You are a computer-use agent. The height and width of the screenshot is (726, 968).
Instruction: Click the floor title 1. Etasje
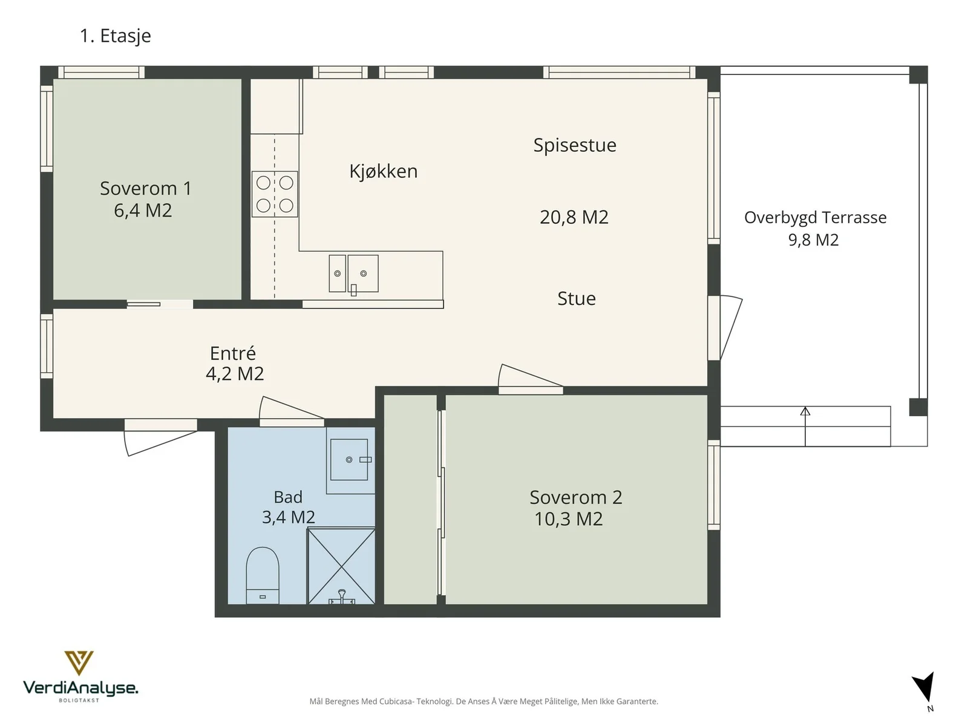[x=116, y=36]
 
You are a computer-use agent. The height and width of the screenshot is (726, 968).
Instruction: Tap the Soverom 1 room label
[x=146, y=188]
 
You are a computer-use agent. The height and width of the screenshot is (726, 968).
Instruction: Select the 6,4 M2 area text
[x=143, y=211]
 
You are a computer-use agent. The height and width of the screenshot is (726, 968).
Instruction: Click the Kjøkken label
[x=383, y=171]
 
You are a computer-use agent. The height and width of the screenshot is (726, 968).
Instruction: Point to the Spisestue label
[x=575, y=145]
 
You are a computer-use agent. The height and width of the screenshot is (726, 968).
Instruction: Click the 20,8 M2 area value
[x=574, y=217]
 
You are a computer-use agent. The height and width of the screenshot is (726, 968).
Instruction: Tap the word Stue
[x=577, y=298]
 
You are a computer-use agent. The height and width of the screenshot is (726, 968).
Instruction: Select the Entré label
[x=233, y=353]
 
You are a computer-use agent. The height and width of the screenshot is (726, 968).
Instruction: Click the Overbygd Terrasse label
[x=815, y=218]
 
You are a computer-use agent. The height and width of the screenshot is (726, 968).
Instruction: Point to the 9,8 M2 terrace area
[x=813, y=240]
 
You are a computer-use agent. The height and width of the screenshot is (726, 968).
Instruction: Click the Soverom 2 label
[x=575, y=497]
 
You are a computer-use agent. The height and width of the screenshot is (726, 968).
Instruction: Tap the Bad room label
[x=288, y=497]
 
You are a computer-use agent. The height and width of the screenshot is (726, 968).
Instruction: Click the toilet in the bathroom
[x=263, y=575]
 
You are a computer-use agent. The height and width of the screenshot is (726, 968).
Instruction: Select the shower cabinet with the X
[x=341, y=566]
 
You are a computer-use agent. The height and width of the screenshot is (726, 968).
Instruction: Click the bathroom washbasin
[x=349, y=459]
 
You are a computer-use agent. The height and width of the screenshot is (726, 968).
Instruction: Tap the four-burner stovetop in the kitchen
[x=275, y=194]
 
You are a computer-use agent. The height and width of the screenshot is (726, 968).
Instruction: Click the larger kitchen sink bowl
[x=363, y=273]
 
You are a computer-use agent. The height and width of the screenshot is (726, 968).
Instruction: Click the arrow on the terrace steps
[x=805, y=427]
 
